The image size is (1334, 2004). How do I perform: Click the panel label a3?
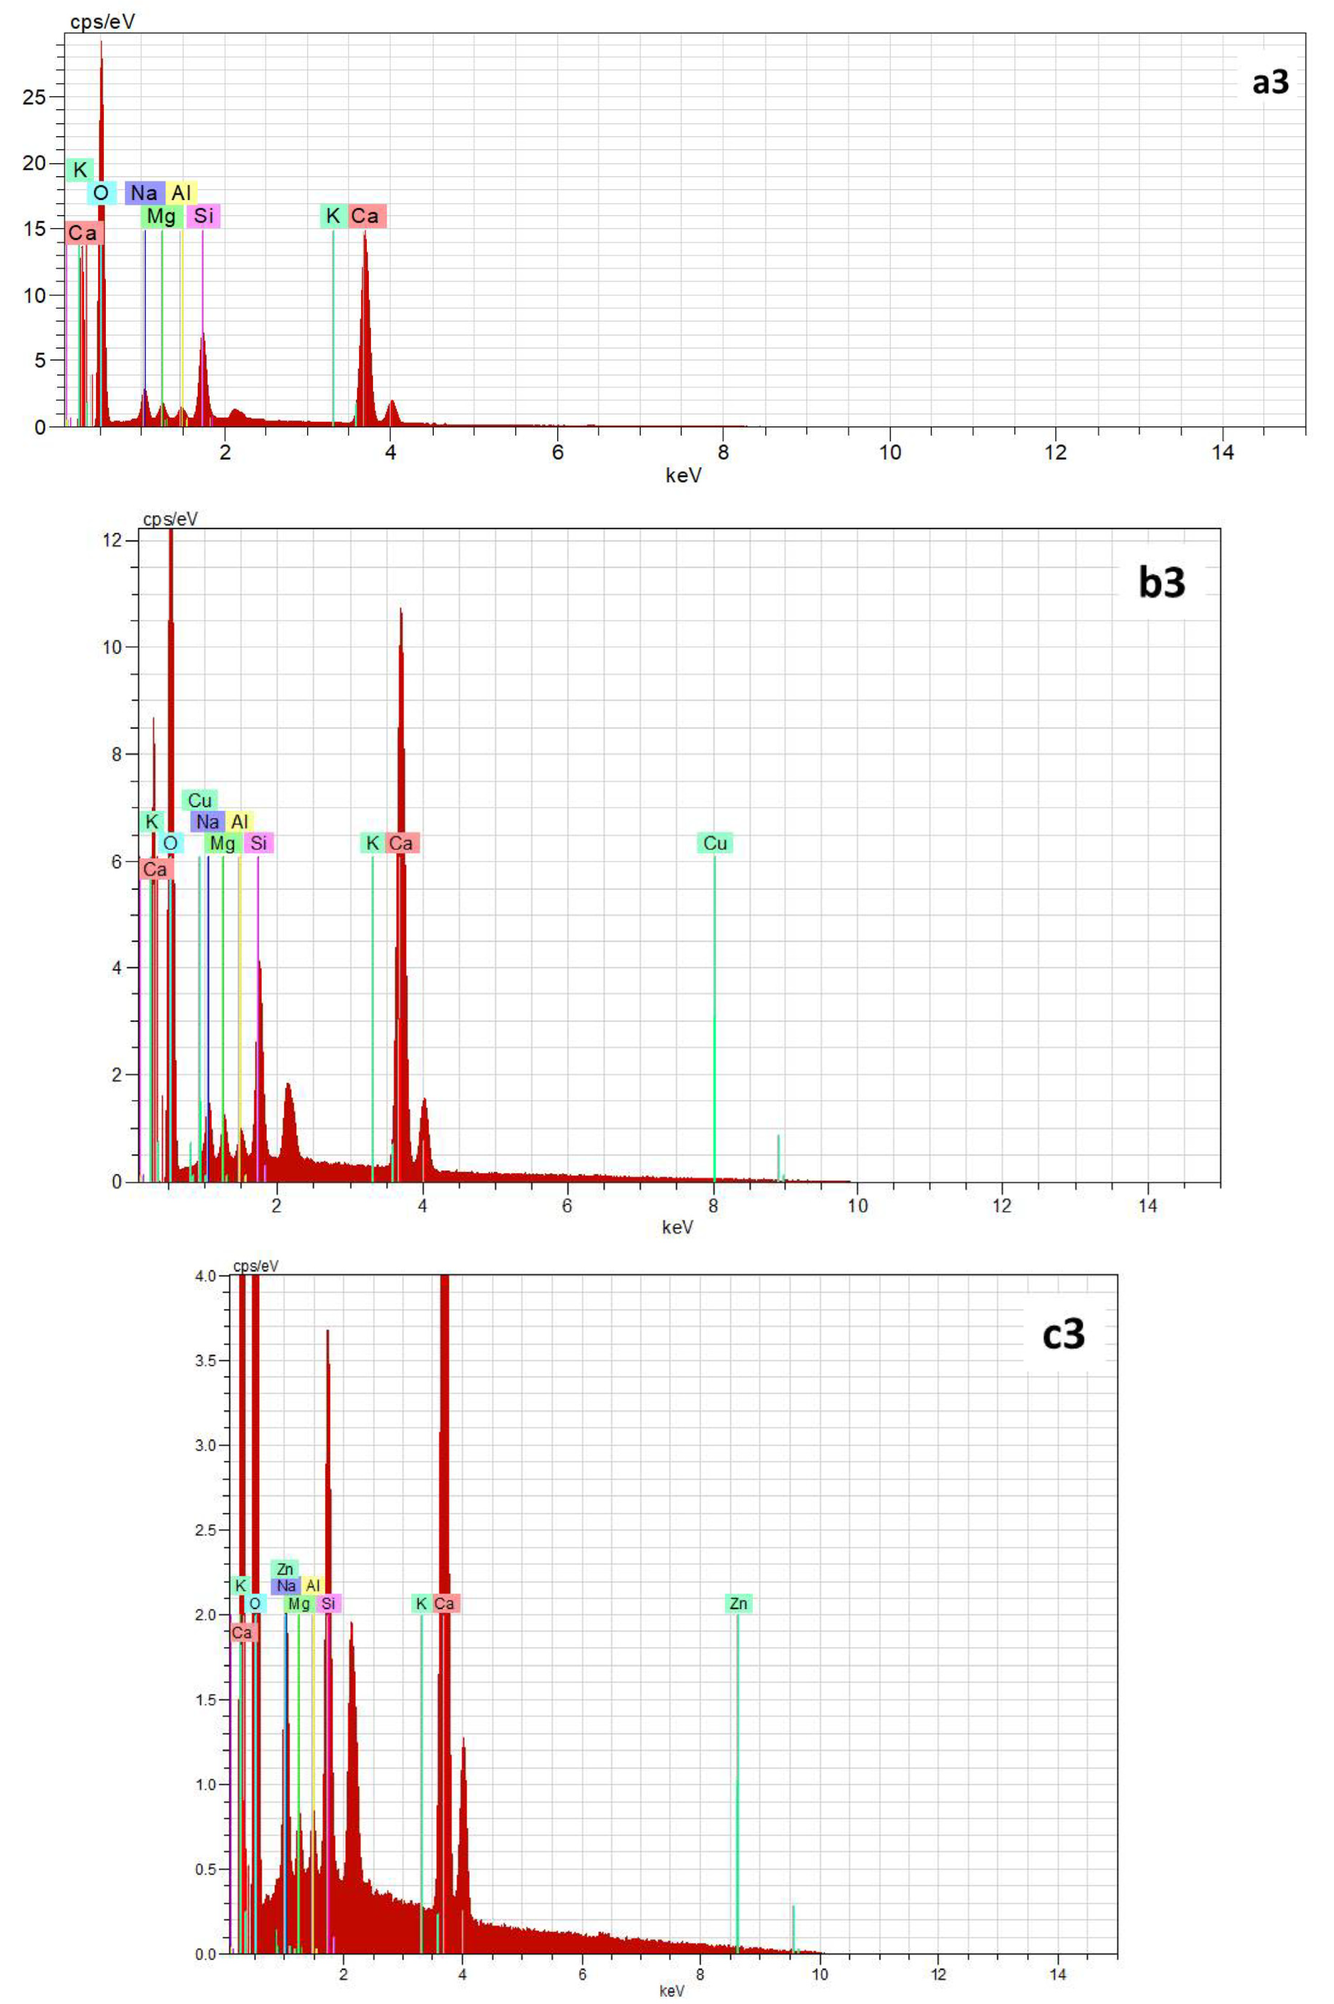coord(1269,83)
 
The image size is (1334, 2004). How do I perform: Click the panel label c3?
coord(1064,1334)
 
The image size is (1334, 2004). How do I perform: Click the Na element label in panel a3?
coord(144,193)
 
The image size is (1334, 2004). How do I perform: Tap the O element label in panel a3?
coord(100,193)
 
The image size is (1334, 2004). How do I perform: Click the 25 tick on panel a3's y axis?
coord(34,96)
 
